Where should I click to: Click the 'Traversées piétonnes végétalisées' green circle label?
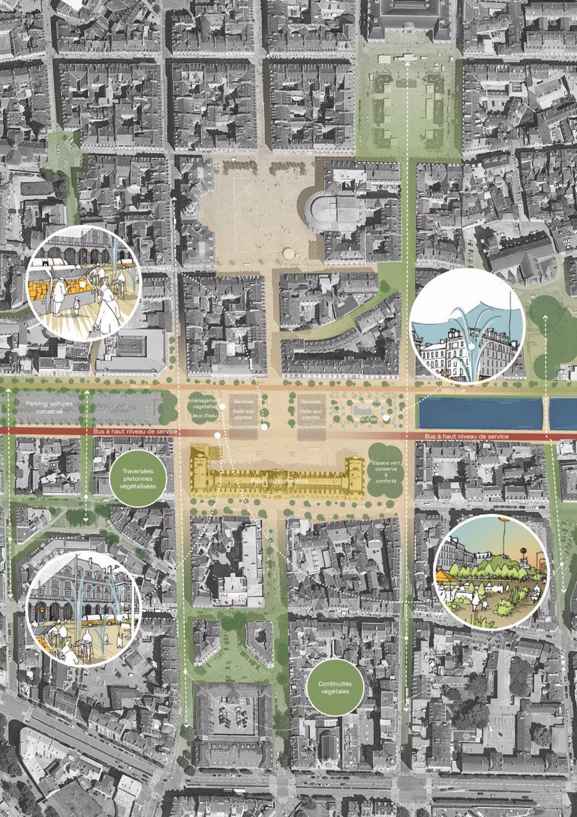138,477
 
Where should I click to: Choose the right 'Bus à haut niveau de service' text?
469,436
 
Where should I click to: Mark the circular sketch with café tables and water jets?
83,609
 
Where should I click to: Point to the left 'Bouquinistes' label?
242,427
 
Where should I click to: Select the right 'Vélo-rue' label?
452,391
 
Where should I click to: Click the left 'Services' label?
243,402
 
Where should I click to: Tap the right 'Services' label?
311,402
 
